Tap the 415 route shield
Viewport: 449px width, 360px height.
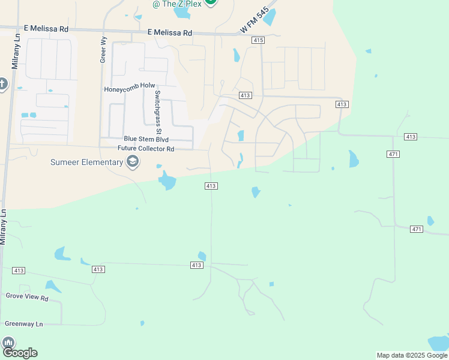pos(258,40)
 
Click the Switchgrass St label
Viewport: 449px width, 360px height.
pos(158,112)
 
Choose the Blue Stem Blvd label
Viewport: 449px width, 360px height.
pos(146,139)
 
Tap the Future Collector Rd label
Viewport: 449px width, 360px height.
pos(146,148)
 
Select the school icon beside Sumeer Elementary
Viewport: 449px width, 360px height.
pos(132,161)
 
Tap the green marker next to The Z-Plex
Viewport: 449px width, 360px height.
pos(210,2)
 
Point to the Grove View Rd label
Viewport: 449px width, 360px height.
pos(26,296)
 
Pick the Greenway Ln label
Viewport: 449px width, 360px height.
pos(24,324)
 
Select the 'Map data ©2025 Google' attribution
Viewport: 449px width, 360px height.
pos(412,355)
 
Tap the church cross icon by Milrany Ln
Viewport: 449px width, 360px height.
pos(2,83)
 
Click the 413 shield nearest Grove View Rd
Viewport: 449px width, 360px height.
pos(19,271)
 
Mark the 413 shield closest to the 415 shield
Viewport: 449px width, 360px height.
pos(245,95)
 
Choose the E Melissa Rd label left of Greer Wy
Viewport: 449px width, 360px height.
pos(47,28)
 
